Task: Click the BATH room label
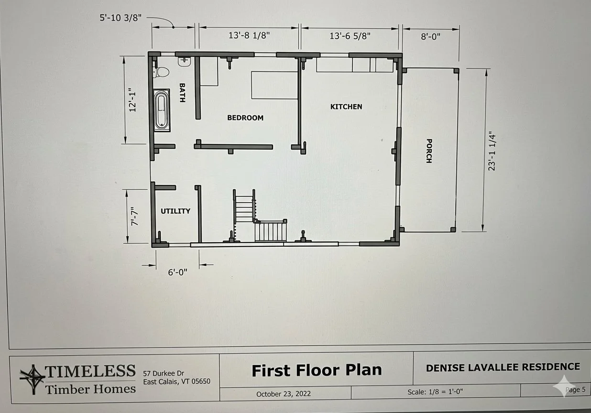[182, 93]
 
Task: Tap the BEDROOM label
[245, 118]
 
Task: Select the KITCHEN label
[346, 107]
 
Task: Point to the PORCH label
[429, 151]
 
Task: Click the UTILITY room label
[175, 211]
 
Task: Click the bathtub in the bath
[162, 110]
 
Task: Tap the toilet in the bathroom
[161, 72]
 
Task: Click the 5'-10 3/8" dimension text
[120, 18]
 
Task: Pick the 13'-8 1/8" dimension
[249, 35]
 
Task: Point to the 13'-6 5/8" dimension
[350, 35]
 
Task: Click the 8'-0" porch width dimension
[431, 36]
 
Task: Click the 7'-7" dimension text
[134, 216]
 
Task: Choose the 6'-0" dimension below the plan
[177, 272]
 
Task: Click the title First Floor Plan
[317, 370]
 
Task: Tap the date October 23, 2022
[284, 394]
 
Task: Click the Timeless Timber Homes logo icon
[33, 379]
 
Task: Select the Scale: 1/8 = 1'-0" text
[435, 391]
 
